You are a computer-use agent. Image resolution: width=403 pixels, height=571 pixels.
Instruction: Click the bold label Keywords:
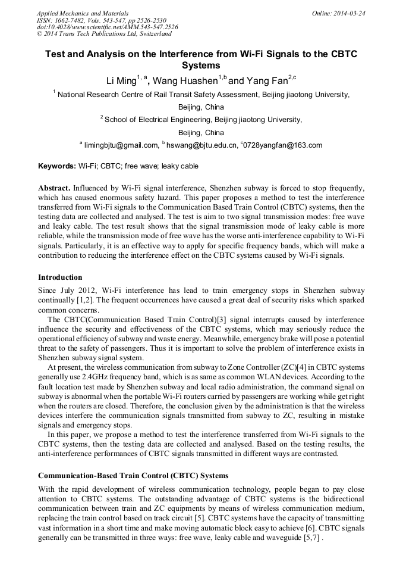[x=57, y=166]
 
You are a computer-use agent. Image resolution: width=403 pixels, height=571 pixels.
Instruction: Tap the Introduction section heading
[x=60, y=277]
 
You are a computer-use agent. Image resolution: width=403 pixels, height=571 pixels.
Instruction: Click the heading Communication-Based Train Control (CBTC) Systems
[x=133, y=476]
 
